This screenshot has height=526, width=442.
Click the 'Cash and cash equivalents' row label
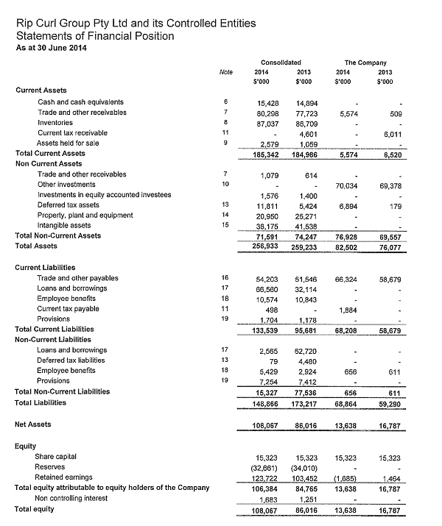coord(80,102)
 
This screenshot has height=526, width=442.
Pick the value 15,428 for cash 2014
coord(266,102)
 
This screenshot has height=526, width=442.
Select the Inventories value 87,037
coord(266,123)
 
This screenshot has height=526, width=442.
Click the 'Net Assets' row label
coord(34,424)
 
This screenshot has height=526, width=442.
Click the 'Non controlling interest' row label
coord(77,499)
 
